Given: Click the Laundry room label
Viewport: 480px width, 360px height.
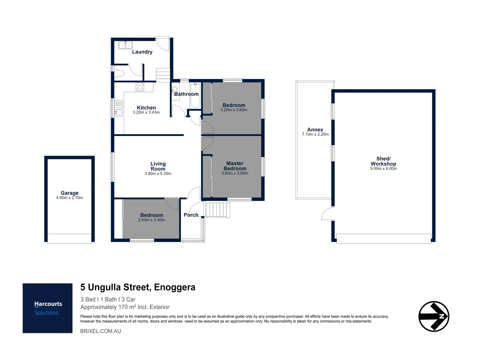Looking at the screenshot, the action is (142, 52).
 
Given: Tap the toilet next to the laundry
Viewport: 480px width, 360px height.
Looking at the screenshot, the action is (119, 73).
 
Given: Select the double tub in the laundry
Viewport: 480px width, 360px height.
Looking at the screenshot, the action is (125, 45).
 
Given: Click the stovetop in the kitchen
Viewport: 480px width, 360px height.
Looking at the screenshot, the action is (140, 87).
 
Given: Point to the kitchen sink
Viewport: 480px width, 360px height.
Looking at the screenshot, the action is (119, 108).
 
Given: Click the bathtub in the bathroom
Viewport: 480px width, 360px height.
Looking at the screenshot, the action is (195, 96).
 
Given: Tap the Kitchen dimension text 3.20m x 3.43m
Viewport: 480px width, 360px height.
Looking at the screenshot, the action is (146, 113).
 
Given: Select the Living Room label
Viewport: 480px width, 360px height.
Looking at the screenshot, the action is (158, 166).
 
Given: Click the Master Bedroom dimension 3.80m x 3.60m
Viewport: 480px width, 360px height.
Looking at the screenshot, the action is (235, 173).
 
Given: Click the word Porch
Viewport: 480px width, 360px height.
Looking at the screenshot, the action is (191, 215).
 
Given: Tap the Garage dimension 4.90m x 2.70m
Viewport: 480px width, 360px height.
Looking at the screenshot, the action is (69, 198).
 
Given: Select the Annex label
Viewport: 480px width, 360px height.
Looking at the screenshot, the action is (315, 130).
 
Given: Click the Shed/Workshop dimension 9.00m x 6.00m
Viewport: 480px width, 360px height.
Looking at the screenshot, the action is (384, 169).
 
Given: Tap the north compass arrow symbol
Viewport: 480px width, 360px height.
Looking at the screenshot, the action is (434, 316).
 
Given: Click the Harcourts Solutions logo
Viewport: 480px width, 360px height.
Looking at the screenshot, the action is (47, 308).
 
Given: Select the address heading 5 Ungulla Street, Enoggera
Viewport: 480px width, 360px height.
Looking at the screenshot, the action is (138, 287).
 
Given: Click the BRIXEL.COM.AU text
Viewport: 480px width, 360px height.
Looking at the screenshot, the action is (101, 331).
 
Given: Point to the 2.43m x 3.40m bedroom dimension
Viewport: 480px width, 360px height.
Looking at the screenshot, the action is (151, 220).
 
